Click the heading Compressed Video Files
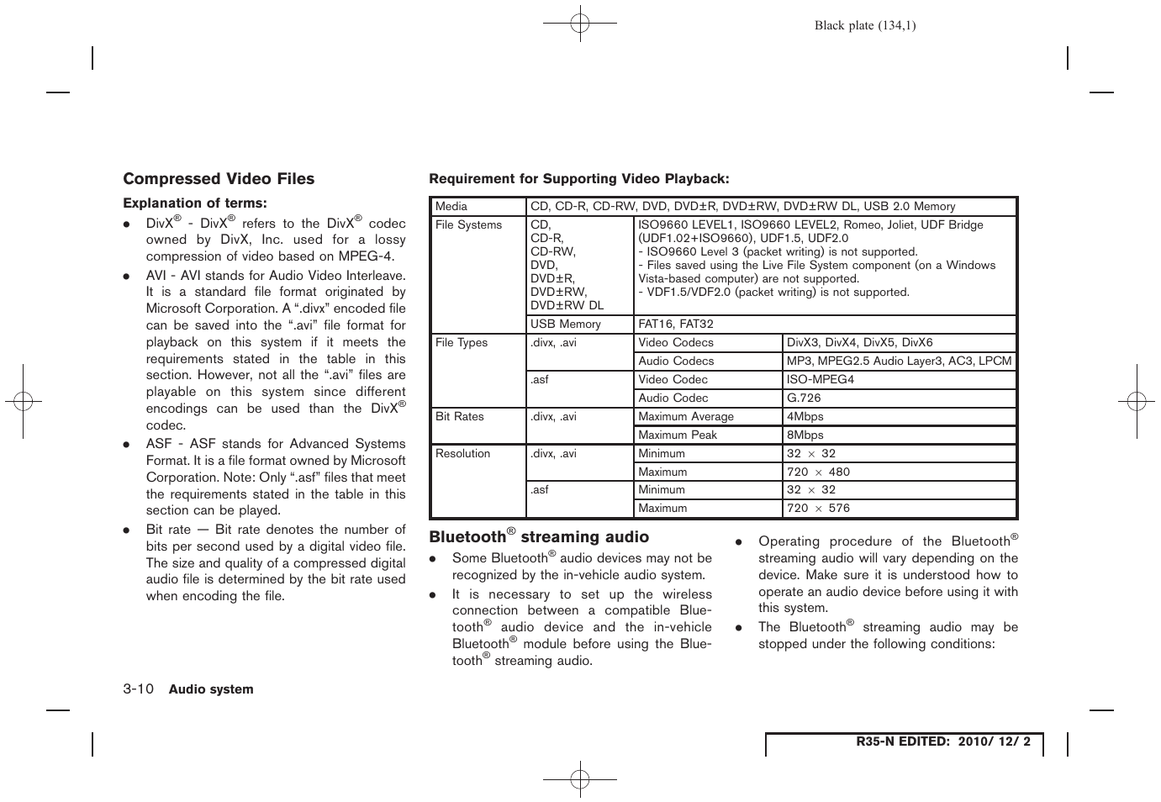[219, 179]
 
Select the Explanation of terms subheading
[195, 203]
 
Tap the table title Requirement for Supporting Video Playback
[579, 178]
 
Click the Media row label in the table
[451, 207]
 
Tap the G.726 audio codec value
[804, 398]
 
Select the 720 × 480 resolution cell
[818, 472]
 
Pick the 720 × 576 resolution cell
[818, 509]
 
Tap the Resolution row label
[462, 454]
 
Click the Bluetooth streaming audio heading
[539, 537]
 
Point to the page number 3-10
[139, 689]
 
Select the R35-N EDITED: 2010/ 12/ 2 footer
[942, 742]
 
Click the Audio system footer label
[211, 689]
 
